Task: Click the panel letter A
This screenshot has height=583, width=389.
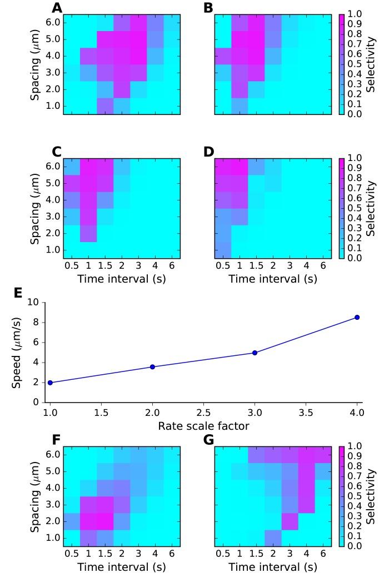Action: [x=57, y=8]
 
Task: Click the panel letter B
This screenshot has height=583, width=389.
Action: [x=208, y=8]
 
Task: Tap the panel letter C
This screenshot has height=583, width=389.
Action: [x=57, y=152]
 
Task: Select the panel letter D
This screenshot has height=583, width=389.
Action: [x=209, y=152]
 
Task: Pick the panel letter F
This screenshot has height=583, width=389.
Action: [x=56, y=440]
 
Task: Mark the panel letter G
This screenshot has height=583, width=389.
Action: [x=209, y=440]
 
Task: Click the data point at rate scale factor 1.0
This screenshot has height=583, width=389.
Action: [x=50, y=383]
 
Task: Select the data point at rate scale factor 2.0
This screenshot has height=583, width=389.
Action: [x=152, y=366]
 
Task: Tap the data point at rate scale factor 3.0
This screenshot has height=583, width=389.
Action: [x=255, y=353]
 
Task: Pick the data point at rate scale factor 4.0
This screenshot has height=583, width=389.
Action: [x=357, y=317]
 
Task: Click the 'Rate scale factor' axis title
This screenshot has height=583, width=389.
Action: [x=203, y=426]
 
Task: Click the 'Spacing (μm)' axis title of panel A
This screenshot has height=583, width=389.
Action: [x=36, y=64]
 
